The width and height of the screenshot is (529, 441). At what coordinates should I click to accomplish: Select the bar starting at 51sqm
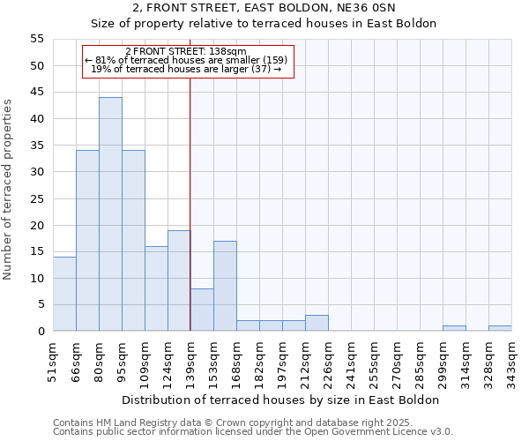(64, 294)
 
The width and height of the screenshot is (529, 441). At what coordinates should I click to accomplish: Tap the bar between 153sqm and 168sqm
(225, 286)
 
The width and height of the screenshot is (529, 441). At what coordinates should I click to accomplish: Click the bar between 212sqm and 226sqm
(317, 323)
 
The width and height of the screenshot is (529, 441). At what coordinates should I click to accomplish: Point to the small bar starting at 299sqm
(454, 328)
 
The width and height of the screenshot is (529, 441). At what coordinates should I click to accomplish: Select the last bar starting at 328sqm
(500, 328)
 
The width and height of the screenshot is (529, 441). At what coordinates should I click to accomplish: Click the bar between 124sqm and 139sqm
(179, 280)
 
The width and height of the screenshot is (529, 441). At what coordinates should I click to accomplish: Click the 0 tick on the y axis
(41, 332)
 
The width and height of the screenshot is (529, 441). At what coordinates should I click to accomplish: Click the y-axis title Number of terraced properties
(8, 190)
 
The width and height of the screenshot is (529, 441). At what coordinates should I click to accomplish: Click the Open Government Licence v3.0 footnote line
(253, 432)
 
